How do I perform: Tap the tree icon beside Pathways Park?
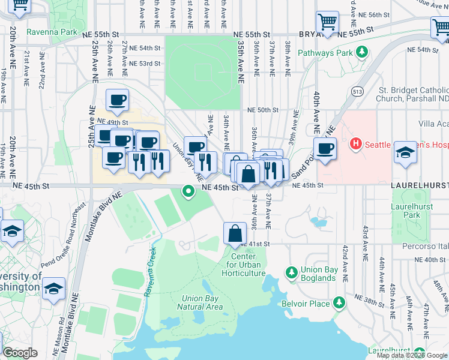point(362,53)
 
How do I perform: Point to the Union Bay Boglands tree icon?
point(292,273)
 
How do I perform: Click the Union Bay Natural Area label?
point(203,302)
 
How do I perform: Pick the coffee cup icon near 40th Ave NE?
point(325,149)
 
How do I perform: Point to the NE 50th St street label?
point(263,110)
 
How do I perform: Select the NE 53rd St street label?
point(145,63)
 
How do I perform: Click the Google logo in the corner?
point(20,353)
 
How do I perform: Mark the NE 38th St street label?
point(372,298)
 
